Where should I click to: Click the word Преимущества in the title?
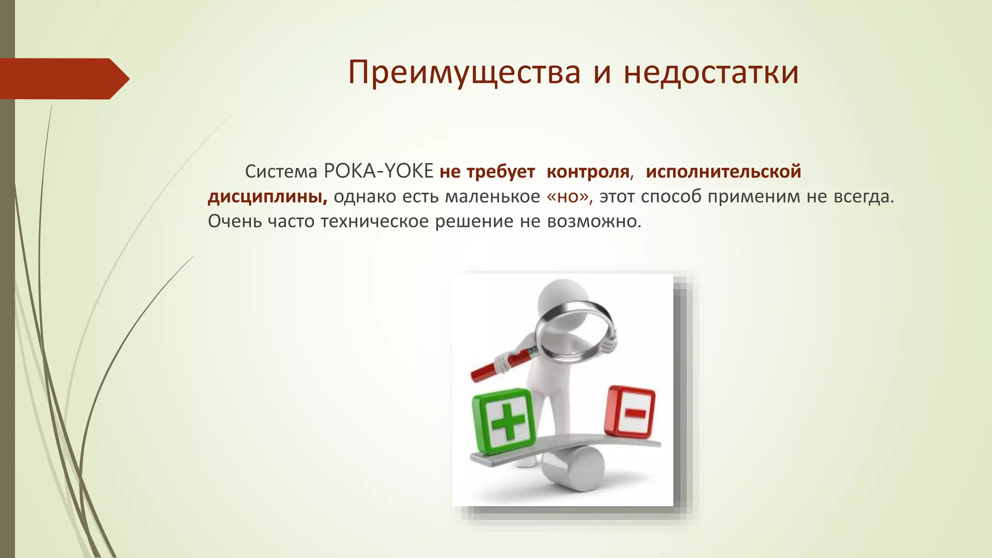464,73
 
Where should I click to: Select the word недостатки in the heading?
711,73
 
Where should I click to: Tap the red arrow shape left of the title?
63,78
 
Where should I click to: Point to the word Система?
281,171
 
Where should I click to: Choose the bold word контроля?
588,171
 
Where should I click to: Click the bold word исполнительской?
723,171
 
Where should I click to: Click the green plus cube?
504,421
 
